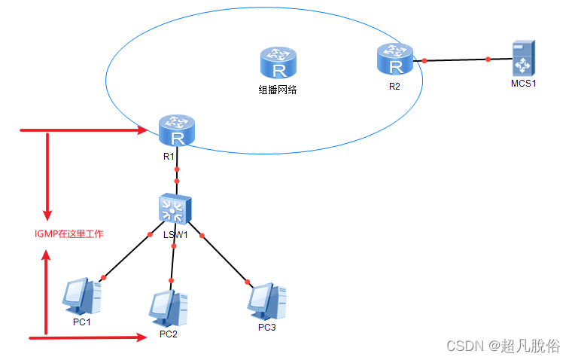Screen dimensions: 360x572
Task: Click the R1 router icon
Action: click(178, 131)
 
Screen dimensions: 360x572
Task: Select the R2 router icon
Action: click(395, 59)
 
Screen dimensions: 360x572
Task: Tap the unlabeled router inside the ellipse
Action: click(279, 63)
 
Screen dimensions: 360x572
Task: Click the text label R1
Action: click(169, 157)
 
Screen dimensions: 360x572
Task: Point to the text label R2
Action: click(395, 86)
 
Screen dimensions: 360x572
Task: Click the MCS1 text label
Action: click(523, 84)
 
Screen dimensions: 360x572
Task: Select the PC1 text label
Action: click(82, 322)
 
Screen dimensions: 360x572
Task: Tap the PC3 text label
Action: click(267, 327)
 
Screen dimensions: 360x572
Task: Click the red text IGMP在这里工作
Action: click(69, 234)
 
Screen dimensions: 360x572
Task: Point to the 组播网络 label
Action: click(278, 90)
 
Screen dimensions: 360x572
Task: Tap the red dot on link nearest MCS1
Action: click(488, 59)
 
